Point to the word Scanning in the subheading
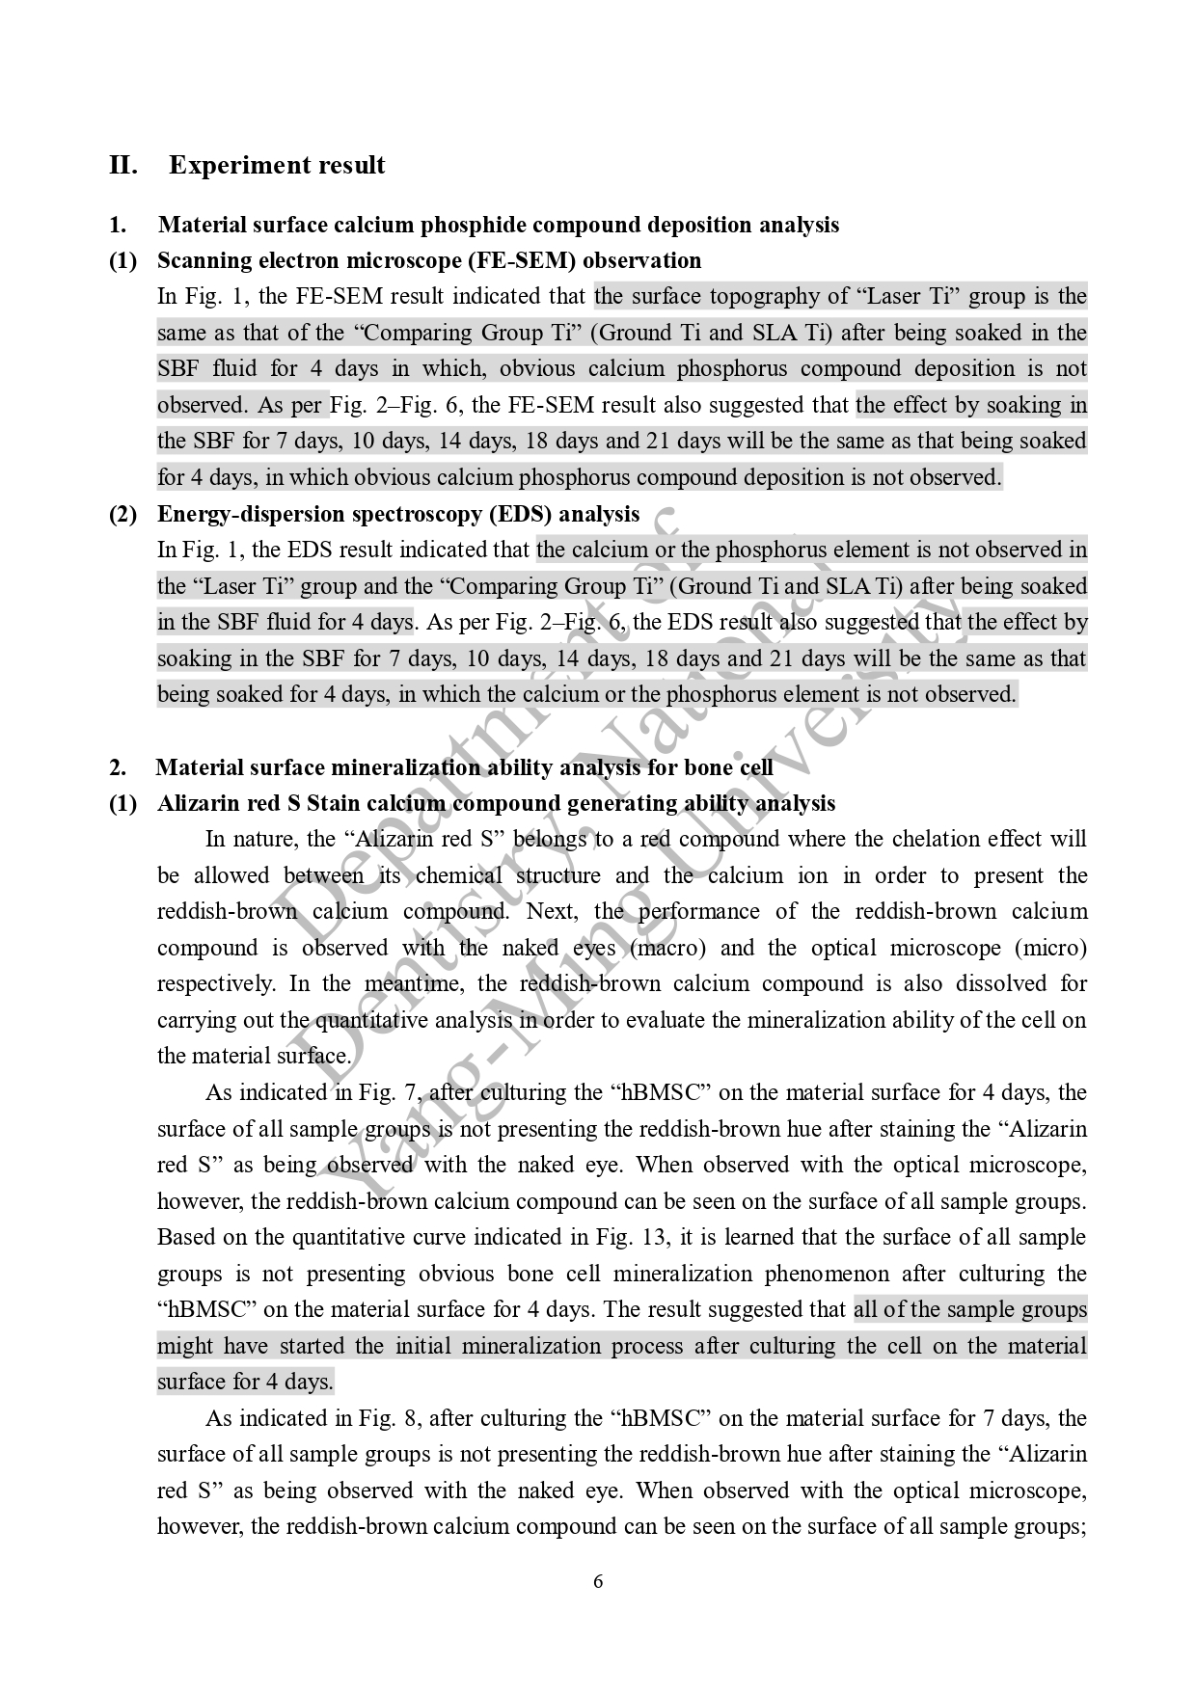[x=199, y=261]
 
